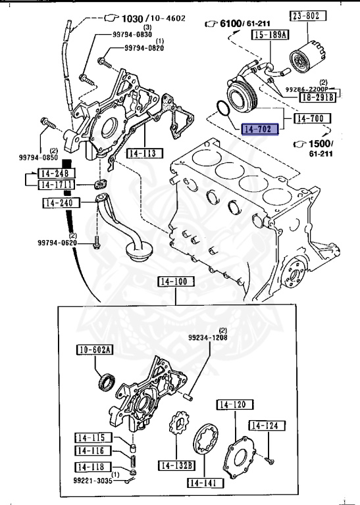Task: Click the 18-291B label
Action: point(318,97)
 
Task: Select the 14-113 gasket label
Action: point(142,153)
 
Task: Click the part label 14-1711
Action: point(57,185)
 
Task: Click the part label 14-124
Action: point(267,426)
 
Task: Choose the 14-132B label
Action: point(176,466)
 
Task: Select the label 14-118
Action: point(91,467)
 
